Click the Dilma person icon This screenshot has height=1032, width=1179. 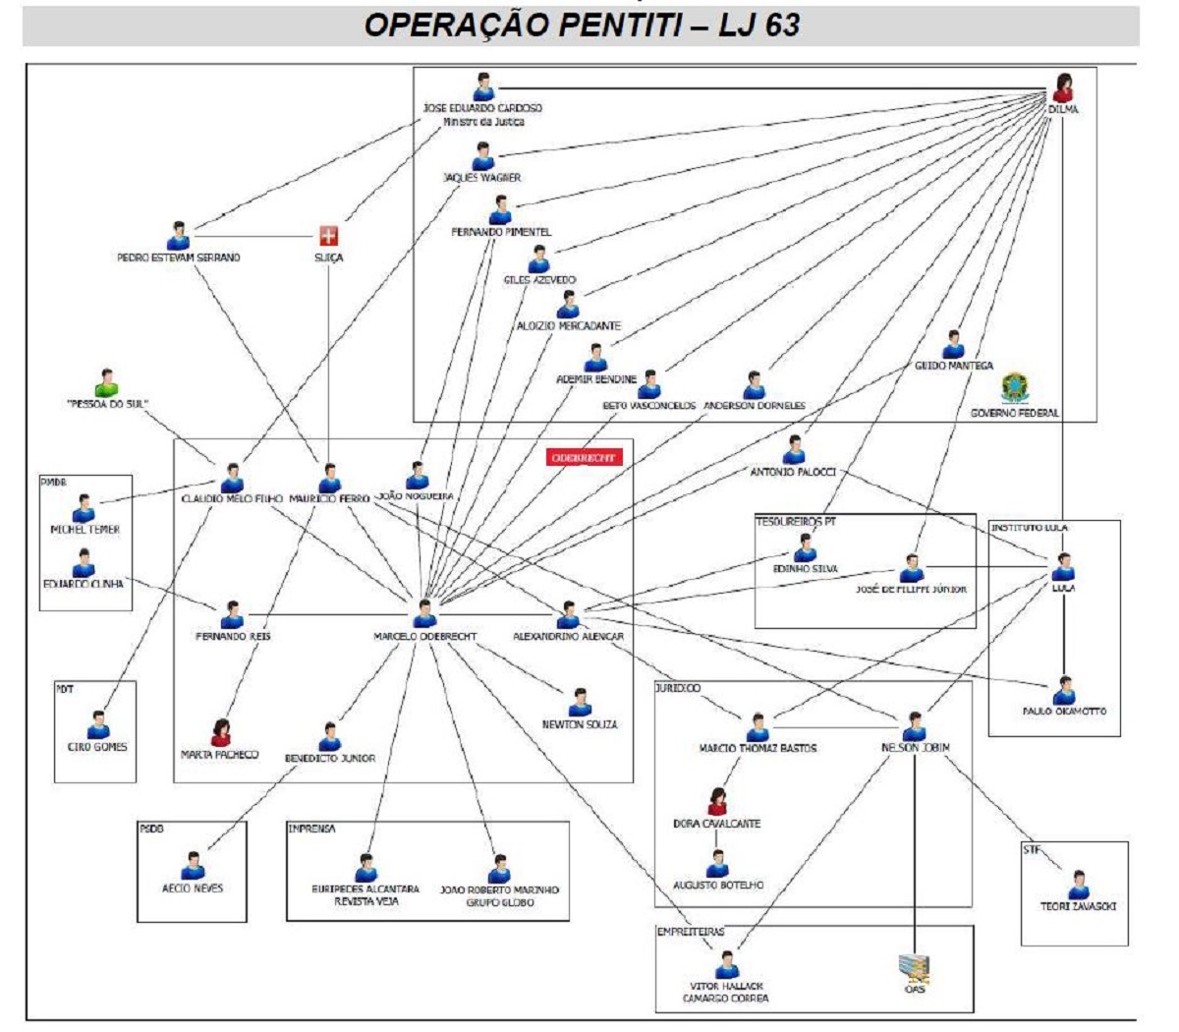pyautogui.click(x=1062, y=88)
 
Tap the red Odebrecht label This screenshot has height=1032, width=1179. pyautogui.click(x=585, y=458)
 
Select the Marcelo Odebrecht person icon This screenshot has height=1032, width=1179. pyautogui.click(x=424, y=613)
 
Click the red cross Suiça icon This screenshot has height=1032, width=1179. pyautogui.click(x=328, y=236)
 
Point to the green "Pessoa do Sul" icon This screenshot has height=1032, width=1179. pyautogui.click(x=107, y=383)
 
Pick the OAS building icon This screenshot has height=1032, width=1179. pyautogui.click(x=914, y=969)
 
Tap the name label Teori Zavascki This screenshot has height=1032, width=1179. pyautogui.click(x=1078, y=907)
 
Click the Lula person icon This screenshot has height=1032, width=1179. pyautogui.click(x=1063, y=568)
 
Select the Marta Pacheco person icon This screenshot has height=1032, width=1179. pyautogui.click(x=220, y=733)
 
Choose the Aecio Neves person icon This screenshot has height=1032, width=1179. pyautogui.click(x=193, y=866)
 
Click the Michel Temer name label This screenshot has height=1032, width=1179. pyautogui.click(x=85, y=530)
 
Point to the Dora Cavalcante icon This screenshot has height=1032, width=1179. pyautogui.click(x=717, y=802)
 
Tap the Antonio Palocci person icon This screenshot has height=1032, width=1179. pyautogui.click(x=794, y=450)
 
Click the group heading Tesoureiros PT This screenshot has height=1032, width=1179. pyautogui.click(x=795, y=522)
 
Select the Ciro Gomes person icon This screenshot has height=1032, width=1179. pyautogui.click(x=98, y=726)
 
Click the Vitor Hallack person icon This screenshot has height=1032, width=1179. pyautogui.click(x=727, y=965)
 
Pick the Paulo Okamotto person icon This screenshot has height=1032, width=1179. pyautogui.click(x=1063, y=691)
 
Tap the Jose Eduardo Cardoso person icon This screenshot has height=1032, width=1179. pyautogui.click(x=482, y=86)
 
